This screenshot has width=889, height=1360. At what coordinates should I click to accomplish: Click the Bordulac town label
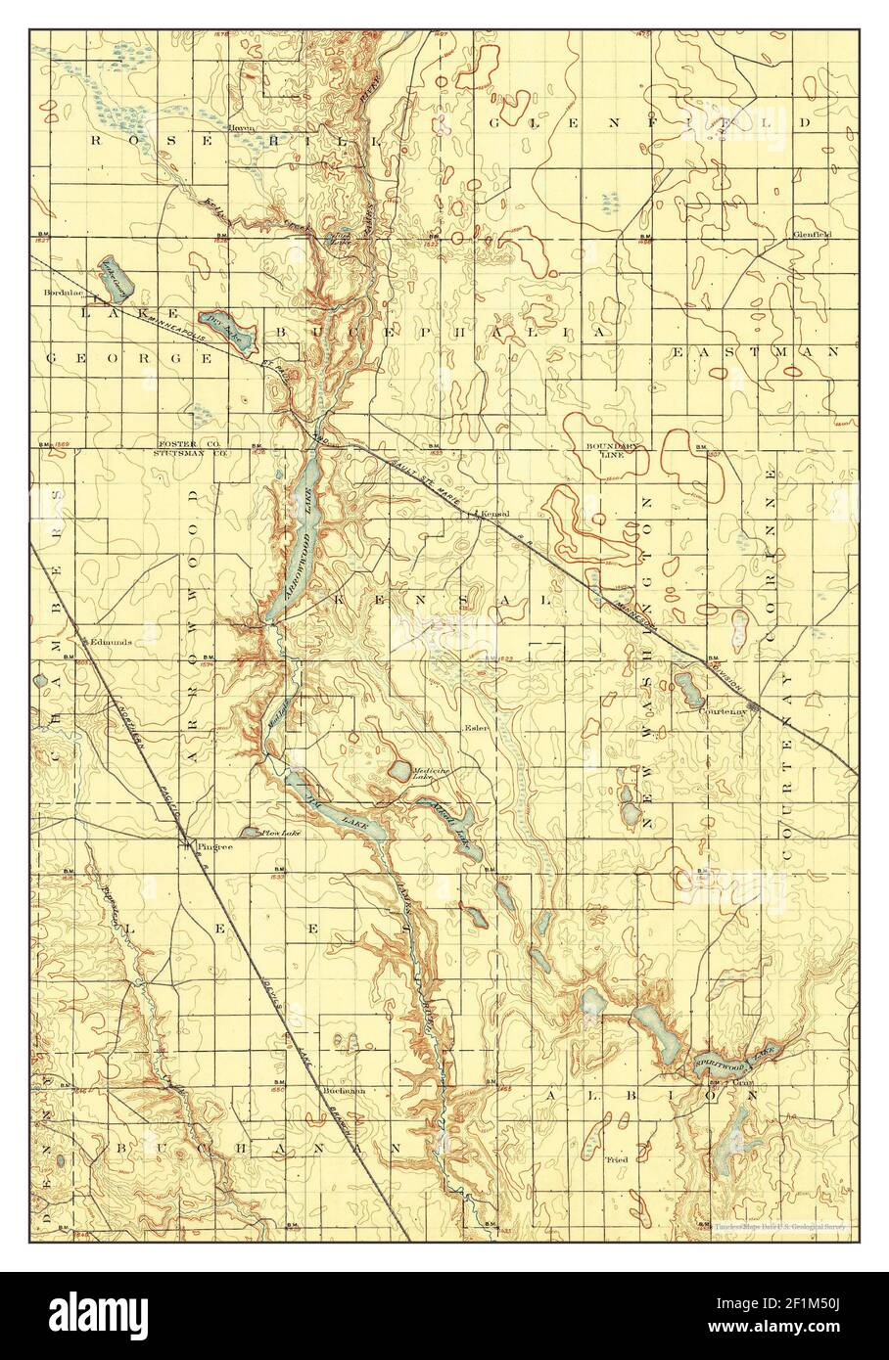61,292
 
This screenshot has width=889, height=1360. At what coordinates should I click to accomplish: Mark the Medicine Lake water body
401,768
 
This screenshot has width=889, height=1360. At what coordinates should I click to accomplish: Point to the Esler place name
477,728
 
